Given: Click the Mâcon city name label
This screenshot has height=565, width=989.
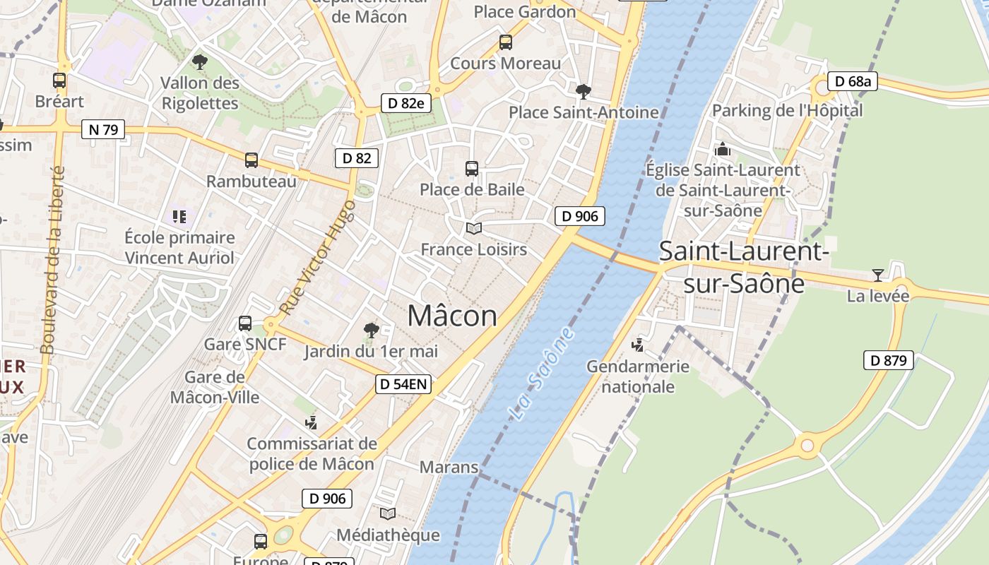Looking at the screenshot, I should coord(452,316).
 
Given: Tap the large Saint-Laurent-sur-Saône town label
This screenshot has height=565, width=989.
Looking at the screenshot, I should coord(744,267).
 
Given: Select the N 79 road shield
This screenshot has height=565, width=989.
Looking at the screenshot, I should coord(103,129).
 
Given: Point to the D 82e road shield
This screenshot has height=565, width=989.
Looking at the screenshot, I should coord(405,103).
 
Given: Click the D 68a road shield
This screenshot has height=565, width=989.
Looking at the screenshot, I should coord(853,81).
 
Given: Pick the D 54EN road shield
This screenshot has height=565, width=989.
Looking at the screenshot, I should coord(403,384).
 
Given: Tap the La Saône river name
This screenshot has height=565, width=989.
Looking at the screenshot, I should coord(542,374).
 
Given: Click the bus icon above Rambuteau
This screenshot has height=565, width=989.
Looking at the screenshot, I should coord(251,160).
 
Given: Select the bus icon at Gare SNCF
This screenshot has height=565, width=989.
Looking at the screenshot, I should coord(245,323).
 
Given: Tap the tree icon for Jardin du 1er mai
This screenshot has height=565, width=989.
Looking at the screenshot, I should coord(371,330).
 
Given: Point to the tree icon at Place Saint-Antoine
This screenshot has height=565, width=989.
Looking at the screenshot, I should coord(584,91).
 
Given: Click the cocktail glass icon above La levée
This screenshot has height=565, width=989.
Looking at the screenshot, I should coord(877,275).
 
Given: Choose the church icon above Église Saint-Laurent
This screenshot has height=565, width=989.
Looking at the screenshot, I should coord(723,149).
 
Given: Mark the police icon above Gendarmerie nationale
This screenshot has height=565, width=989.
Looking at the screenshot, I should coord(638,345).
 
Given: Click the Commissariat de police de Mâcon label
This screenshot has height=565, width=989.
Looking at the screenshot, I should coord(312,454).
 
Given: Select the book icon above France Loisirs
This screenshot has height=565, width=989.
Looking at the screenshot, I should coord(473,228).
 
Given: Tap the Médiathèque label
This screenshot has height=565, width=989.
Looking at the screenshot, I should coord(388,535).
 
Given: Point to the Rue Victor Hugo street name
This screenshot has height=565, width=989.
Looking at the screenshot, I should coord(318,257).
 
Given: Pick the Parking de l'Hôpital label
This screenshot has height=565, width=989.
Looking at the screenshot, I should coord(787,110).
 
